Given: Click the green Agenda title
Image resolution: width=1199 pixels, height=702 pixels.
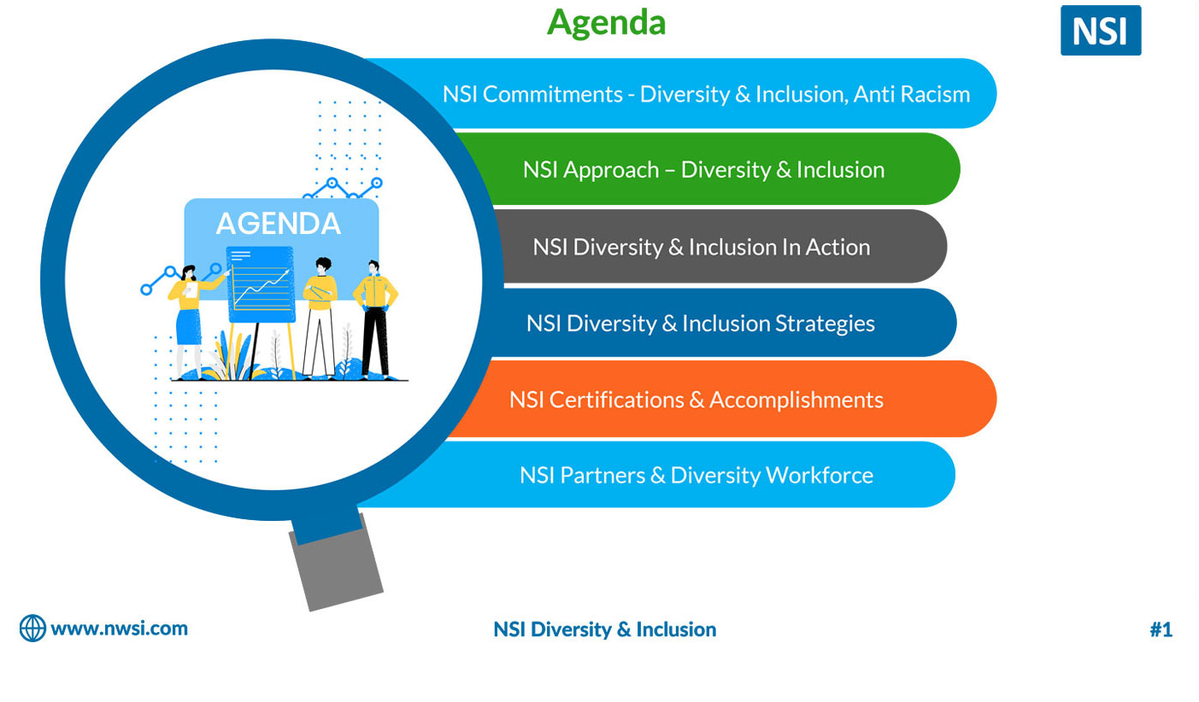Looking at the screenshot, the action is [x=606, y=24].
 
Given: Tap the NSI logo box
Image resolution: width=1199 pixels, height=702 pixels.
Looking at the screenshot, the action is [x=1101, y=31].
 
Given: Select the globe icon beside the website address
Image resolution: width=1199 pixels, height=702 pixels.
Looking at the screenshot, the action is [x=32, y=629].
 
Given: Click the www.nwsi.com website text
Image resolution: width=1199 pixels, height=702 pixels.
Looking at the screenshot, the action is [x=120, y=629].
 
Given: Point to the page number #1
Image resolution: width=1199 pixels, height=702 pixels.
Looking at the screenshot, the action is [x=1161, y=629].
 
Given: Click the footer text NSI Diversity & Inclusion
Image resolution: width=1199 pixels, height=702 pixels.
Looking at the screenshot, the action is [x=605, y=629].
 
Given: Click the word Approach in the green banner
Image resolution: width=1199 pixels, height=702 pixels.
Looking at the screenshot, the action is [x=611, y=171].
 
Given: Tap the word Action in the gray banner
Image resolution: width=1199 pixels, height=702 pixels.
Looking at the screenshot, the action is [x=838, y=247].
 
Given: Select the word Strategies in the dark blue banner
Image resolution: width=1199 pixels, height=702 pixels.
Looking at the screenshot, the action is [x=825, y=325].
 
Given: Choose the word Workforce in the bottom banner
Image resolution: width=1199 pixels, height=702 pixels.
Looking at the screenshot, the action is [x=820, y=475].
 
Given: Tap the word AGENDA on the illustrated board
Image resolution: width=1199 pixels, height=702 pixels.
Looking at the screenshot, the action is [x=279, y=224].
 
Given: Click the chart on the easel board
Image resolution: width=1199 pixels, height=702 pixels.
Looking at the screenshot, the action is [x=261, y=284].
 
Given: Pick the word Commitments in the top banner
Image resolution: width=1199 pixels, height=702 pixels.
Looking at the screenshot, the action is [x=552, y=94].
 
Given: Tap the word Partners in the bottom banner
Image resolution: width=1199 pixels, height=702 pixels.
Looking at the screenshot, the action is [x=602, y=475].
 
